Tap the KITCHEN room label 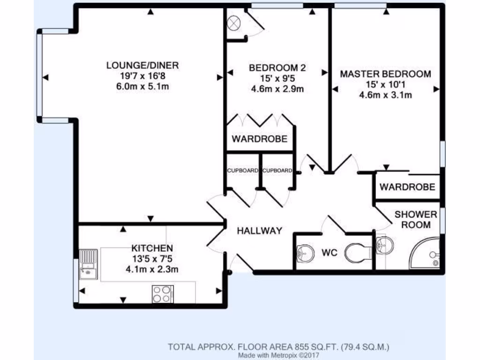[x=152, y=248]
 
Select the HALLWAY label [x=259, y=231]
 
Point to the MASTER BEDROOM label [x=385, y=74]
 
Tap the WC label [x=330, y=253]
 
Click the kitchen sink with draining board [x=88, y=264]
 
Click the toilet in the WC [x=358, y=254]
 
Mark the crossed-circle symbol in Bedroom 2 [x=233, y=22]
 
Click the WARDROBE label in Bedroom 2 [x=259, y=139]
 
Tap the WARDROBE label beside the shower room [x=407, y=187]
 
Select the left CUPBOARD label [x=242, y=171]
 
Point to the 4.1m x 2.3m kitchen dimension [x=152, y=269]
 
